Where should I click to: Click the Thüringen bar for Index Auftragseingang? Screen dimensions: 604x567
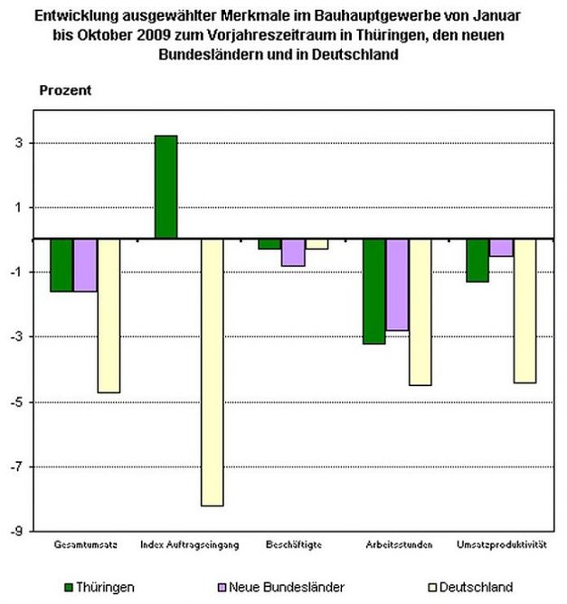tap(165, 187)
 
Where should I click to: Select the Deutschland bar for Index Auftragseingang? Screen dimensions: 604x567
tap(213, 372)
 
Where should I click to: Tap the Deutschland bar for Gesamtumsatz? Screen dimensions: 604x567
tap(109, 316)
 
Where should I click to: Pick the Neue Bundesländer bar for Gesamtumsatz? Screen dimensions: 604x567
tap(85, 265)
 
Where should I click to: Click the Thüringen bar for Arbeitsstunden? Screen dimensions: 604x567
tap(374, 291)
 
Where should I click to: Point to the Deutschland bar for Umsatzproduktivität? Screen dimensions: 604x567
tap(525, 310)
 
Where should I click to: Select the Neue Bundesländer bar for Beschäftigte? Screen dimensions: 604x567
tap(293, 252)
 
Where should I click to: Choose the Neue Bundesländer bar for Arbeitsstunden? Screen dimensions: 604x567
tap(398, 285)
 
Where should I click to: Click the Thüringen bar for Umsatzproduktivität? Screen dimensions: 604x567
tap(478, 260)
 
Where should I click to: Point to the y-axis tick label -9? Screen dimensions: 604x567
tap(17, 532)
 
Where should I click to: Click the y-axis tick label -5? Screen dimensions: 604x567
tap(17, 402)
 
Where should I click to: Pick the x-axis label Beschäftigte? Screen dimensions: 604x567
tap(293, 545)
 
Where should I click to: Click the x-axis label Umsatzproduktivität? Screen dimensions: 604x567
tap(502, 545)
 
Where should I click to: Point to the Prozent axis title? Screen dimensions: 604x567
tap(65, 90)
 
